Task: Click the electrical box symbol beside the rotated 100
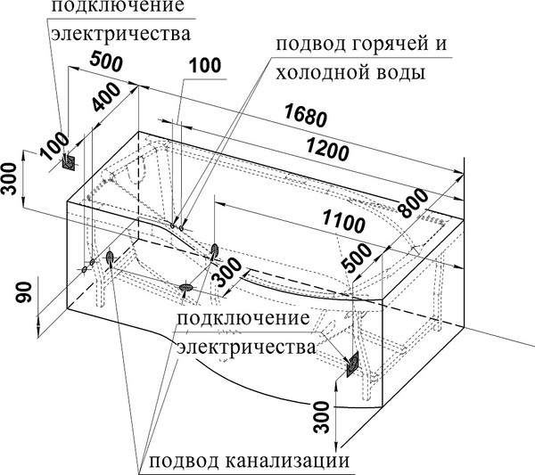point(70,161)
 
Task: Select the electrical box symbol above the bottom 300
point(352,364)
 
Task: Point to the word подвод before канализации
point(184,462)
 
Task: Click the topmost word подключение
point(119,7)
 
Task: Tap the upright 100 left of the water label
point(205,64)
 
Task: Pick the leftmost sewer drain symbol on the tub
point(110,258)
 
